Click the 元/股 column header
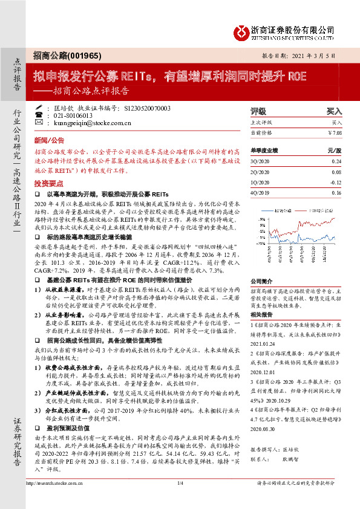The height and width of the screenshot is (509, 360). (335, 149)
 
